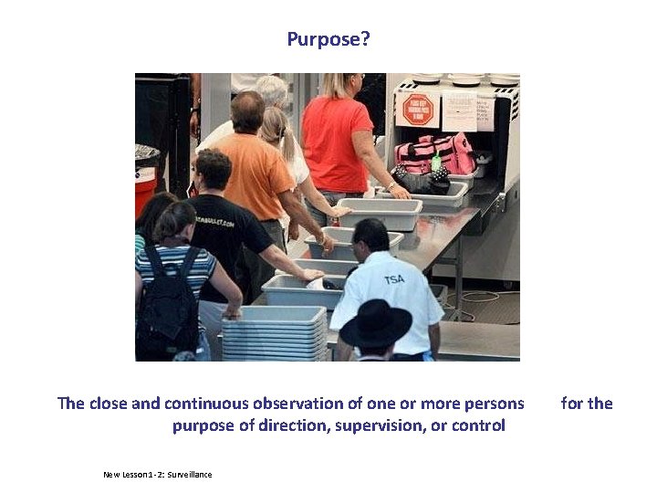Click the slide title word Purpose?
[328, 39]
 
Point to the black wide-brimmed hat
[375, 323]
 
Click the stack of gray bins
[274, 332]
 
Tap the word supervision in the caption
[385, 425]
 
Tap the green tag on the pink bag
[436, 162]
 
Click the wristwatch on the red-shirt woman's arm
[391, 186]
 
